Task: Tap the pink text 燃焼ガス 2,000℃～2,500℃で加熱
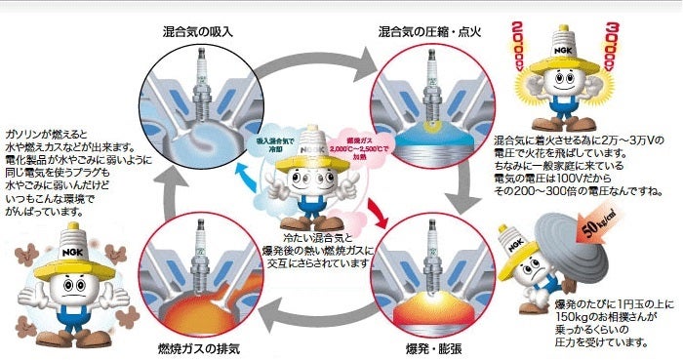tap(356, 147)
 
